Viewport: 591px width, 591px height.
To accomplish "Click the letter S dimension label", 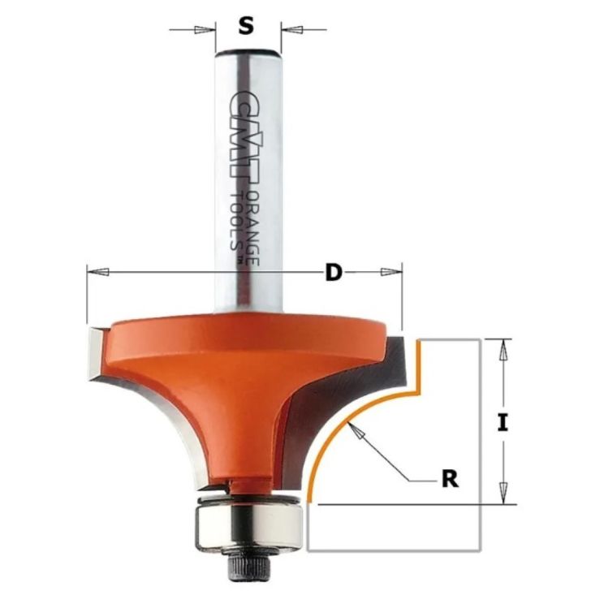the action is [246, 26].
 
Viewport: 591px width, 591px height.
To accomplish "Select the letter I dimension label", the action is [503, 422].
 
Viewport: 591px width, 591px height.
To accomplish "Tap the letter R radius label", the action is [450, 479].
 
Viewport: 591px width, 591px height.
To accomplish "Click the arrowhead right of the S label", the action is [293, 29].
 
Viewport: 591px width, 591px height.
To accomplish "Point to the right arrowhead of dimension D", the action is [390, 271].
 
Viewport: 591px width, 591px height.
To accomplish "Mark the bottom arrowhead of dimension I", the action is [503, 492].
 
